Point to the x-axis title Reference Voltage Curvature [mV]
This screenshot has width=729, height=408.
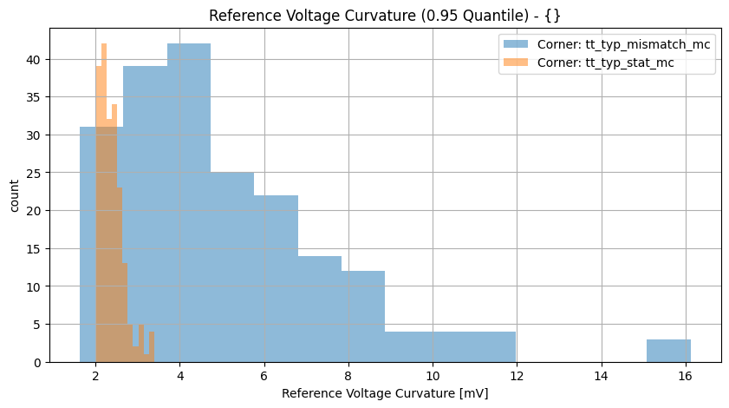pos(385,393)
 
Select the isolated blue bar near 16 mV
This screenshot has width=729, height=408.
pos(668,351)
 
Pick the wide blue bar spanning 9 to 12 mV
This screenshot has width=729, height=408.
pos(450,346)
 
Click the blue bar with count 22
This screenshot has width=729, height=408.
pos(276,279)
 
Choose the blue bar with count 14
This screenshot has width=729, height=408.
pos(319,309)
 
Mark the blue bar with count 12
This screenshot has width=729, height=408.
pos(362,317)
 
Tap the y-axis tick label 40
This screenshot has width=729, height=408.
pos(32,60)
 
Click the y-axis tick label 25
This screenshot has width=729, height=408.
pos(32,173)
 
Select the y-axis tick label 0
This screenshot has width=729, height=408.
pos(36,362)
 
